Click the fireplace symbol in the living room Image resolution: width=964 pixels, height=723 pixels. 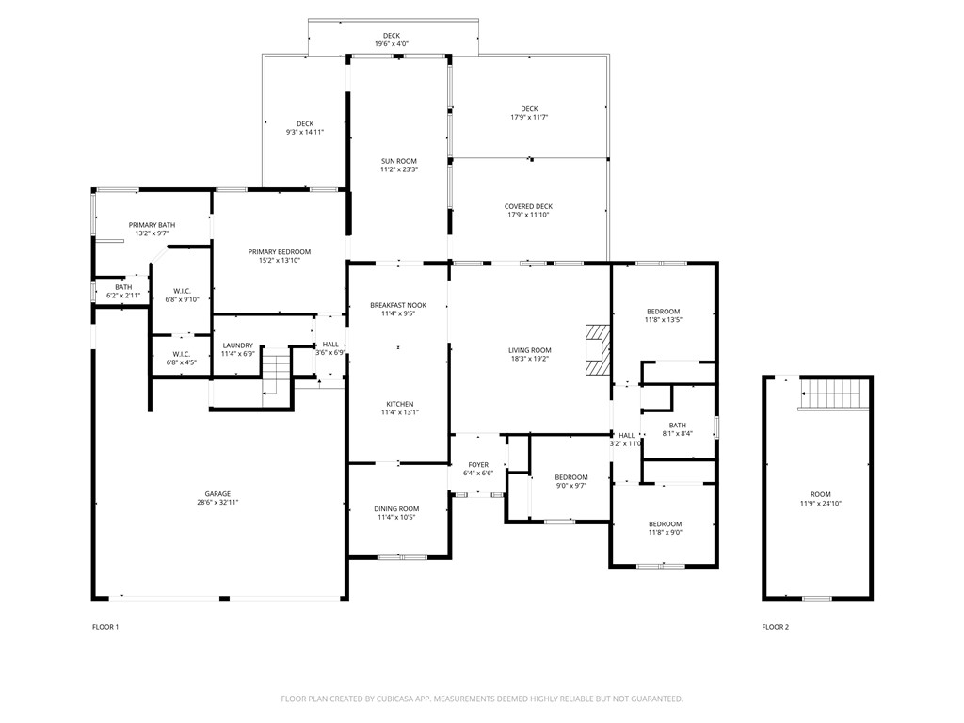[x=597, y=349]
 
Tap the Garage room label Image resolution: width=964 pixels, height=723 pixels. [x=218, y=494]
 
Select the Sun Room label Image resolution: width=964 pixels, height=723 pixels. [x=398, y=162]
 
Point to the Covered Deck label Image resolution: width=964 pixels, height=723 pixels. [x=528, y=206]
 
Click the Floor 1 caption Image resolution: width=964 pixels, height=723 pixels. [x=104, y=627]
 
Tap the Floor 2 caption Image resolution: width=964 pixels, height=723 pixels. [x=776, y=627]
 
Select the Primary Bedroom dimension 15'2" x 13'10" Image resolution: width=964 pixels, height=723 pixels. [x=280, y=261]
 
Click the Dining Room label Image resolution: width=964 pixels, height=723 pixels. [x=397, y=508]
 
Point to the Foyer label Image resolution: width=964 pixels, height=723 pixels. [x=478, y=464]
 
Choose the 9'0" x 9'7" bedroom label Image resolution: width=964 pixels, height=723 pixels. [x=570, y=477]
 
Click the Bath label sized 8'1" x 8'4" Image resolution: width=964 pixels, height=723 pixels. [x=678, y=426]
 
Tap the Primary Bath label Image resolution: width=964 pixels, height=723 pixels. [x=152, y=225]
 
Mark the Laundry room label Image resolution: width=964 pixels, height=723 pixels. [x=237, y=345]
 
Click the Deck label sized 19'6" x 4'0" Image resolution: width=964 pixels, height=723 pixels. [x=391, y=36]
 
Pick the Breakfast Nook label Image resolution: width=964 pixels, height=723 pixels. [x=397, y=305]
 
